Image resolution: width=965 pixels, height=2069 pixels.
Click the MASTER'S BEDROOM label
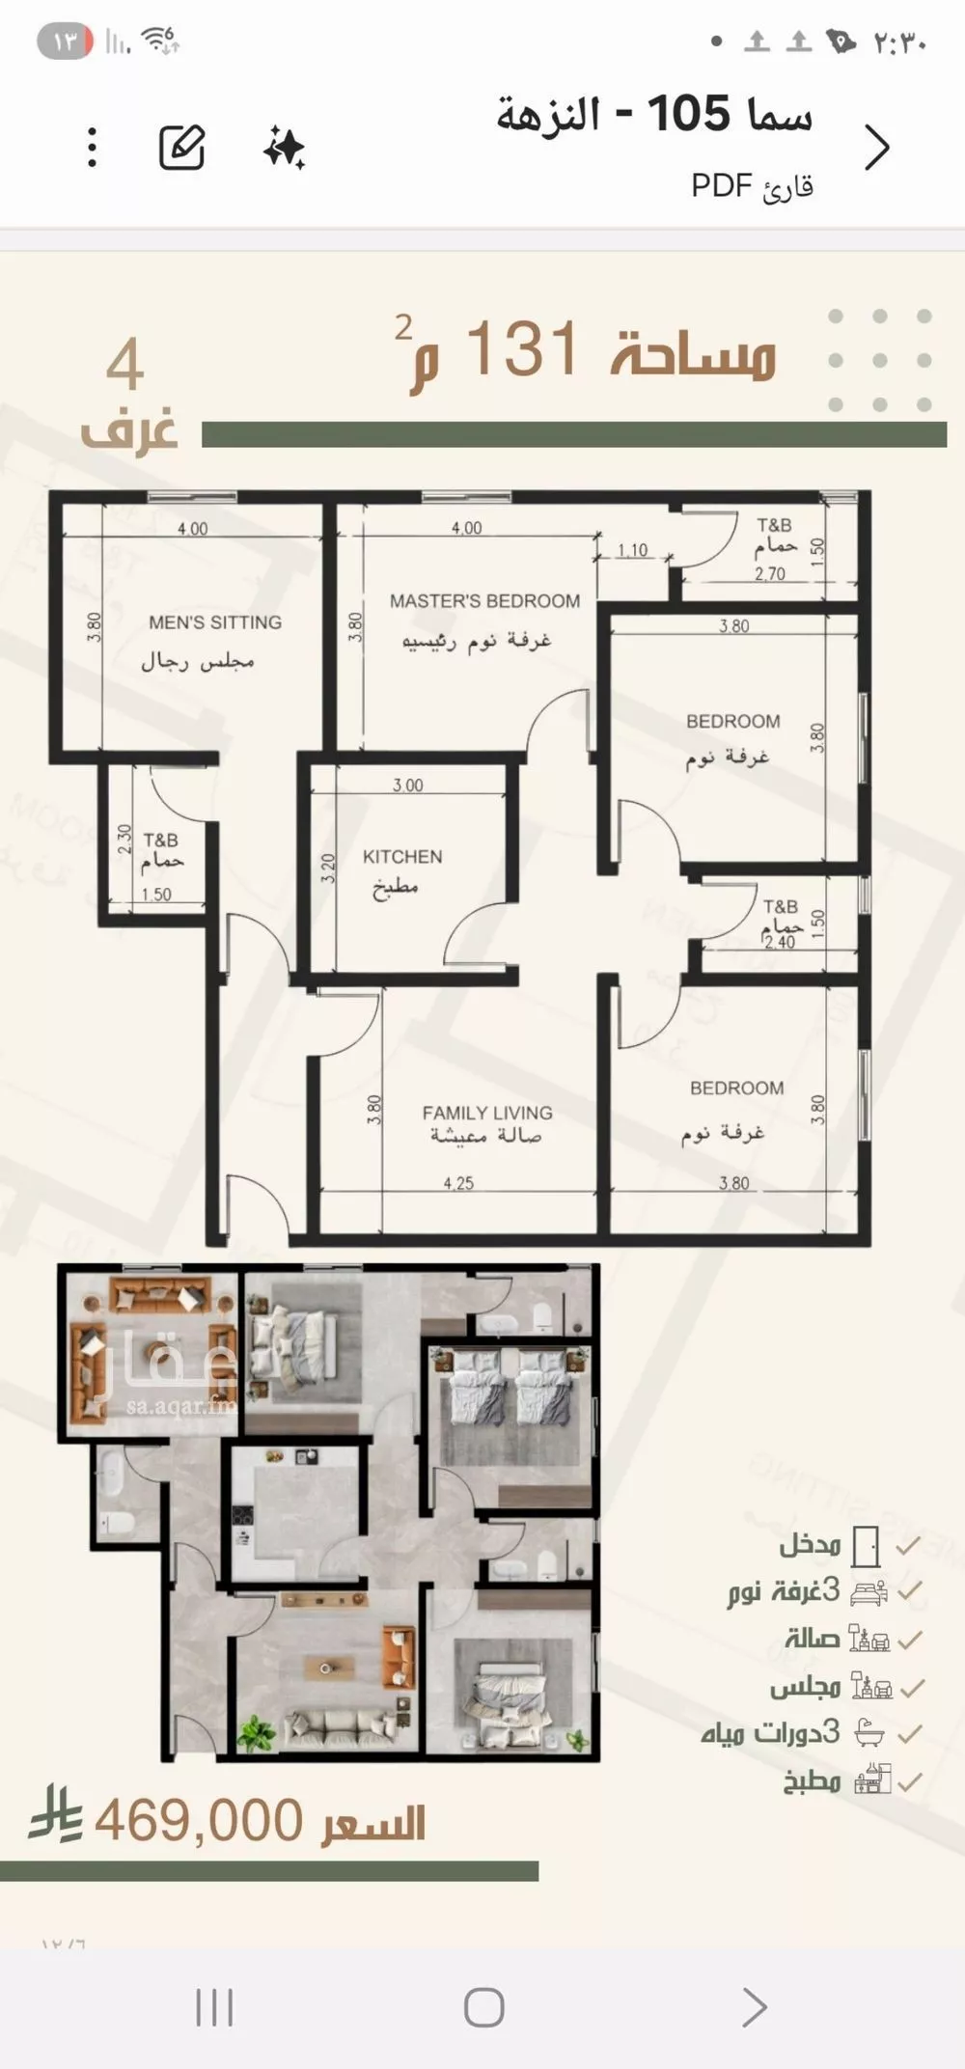[x=485, y=600]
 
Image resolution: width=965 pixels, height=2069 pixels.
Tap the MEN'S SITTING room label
[x=215, y=622]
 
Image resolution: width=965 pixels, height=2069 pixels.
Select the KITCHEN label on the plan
[x=402, y=856]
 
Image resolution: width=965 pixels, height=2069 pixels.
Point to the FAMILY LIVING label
[x=487, y=1112]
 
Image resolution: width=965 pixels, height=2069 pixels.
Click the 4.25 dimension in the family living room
[x=458, y=1183]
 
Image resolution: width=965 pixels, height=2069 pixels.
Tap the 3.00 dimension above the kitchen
[x=407, y=786]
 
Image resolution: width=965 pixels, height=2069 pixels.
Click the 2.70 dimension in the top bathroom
[x=769, y=574]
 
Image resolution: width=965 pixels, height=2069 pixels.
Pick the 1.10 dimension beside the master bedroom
[x=632, y=551]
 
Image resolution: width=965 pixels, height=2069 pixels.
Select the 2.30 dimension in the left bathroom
[x=124, y=840]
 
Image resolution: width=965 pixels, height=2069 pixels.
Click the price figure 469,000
[x=199, y=1821]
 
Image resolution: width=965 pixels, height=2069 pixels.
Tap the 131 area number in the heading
[x=522, y=348]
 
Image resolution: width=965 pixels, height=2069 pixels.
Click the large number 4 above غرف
[x=125, y=366]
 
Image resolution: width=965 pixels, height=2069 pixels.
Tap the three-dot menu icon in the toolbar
[x=92, y=148]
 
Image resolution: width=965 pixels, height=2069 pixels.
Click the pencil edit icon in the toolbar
[x=181, y=148]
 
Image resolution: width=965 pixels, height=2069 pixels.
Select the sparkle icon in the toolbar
[x=285, y=148]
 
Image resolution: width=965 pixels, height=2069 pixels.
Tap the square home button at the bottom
[x=483, y=2007]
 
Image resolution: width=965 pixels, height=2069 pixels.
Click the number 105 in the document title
[x=689, y=114]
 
